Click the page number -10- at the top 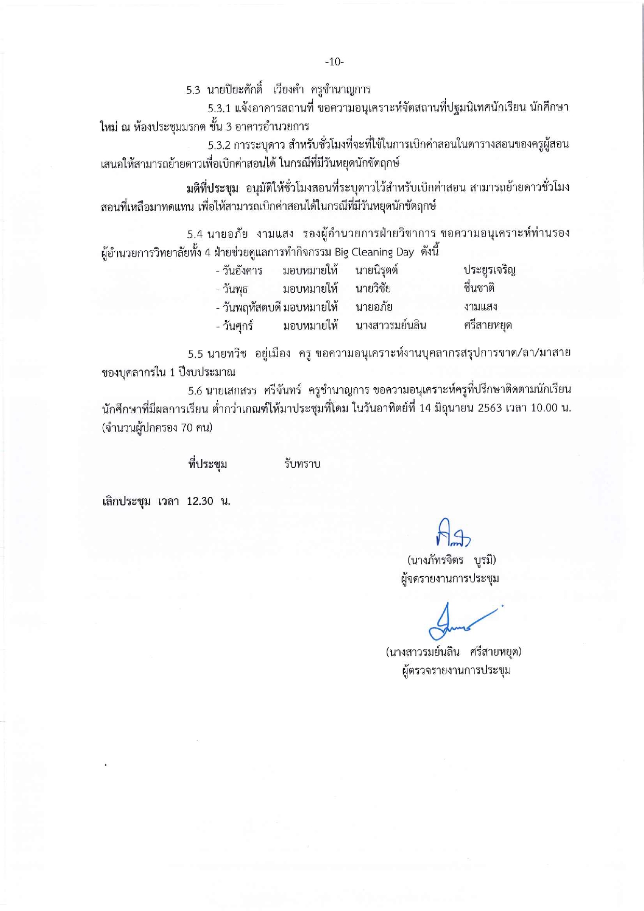click(x=334, y=62)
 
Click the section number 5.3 click(x=193, y=90)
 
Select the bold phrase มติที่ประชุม click(x=212, y=187)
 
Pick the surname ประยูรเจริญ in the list click(x=489, y=270)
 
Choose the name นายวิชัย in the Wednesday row click(x=373, y=289)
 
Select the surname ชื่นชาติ click(x=479, y=288)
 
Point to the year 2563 click(x=489, y=408)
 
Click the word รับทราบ click(x=302, y=464)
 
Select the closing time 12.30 click(x=200, y=501)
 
